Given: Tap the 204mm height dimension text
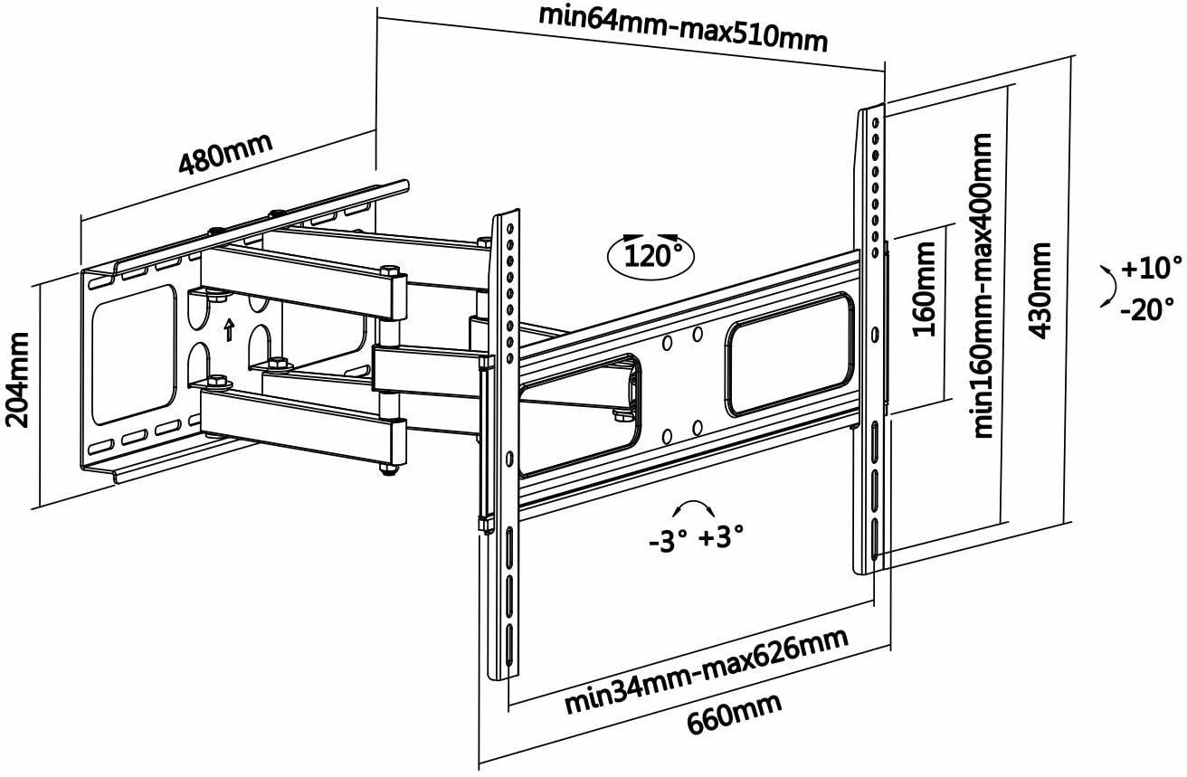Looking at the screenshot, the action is tap(17, 380).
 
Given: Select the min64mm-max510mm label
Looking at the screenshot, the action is tap(683, 29).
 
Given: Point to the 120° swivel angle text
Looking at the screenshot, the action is tap(652, 256).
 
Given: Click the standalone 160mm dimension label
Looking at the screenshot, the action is tap(924, 289).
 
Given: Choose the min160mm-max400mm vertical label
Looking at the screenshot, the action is tap(982, 286).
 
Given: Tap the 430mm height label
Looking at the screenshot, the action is tap(1040, 290).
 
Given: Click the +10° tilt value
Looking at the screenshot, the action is tap(1152, 268).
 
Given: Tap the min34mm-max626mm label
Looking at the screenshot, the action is tap(707, 671).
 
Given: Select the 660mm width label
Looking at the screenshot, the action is tap(735, 715).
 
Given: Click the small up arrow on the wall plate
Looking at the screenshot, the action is tap(229, 330).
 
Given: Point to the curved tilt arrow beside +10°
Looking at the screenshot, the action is tap(1111, 286).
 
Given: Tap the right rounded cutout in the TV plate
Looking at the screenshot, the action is tap(790, 354).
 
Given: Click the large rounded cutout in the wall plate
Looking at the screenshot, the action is tap(134, 355).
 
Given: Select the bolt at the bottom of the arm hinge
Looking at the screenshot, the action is tap(389, 469).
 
